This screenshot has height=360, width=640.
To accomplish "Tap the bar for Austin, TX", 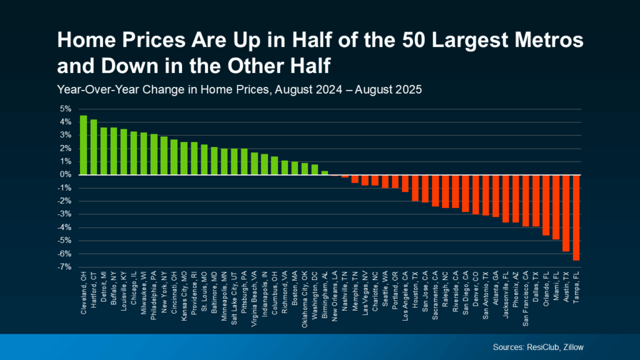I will tap(566, 212).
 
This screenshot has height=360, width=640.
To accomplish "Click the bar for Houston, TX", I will tap(414, 187).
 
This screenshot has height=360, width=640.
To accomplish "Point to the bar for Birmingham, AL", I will tap(324, 172).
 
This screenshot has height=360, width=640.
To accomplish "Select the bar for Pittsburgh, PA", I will tap(244, 162).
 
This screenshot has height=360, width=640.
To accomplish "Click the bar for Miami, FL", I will tap(556, 207).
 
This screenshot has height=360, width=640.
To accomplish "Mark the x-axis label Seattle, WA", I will tap(385, 294).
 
